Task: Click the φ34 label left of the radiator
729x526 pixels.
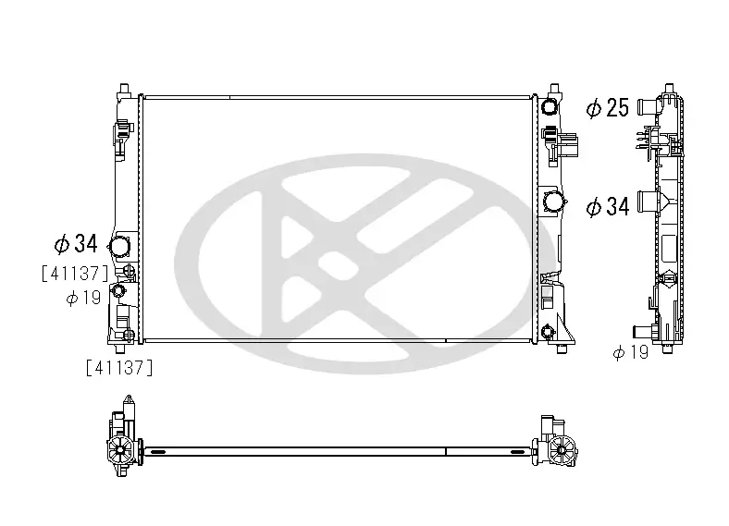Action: tap(76, 244)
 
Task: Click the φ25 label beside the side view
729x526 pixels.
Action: tap(608, 109)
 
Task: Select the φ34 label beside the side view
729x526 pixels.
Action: tap(608, 206)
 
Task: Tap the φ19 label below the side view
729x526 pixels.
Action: tap(631, 352)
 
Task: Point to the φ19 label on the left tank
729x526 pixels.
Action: tap(83, 298)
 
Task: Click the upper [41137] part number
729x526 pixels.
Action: tap(75, 273)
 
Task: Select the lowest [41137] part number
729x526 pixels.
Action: tap(118, 367)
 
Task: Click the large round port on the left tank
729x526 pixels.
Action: tap(120, 247)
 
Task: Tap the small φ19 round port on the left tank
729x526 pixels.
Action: tap(118, 292)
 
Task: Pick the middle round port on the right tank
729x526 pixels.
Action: tap(553, 202)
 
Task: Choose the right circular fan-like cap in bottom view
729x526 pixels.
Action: tap(560, 451)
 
